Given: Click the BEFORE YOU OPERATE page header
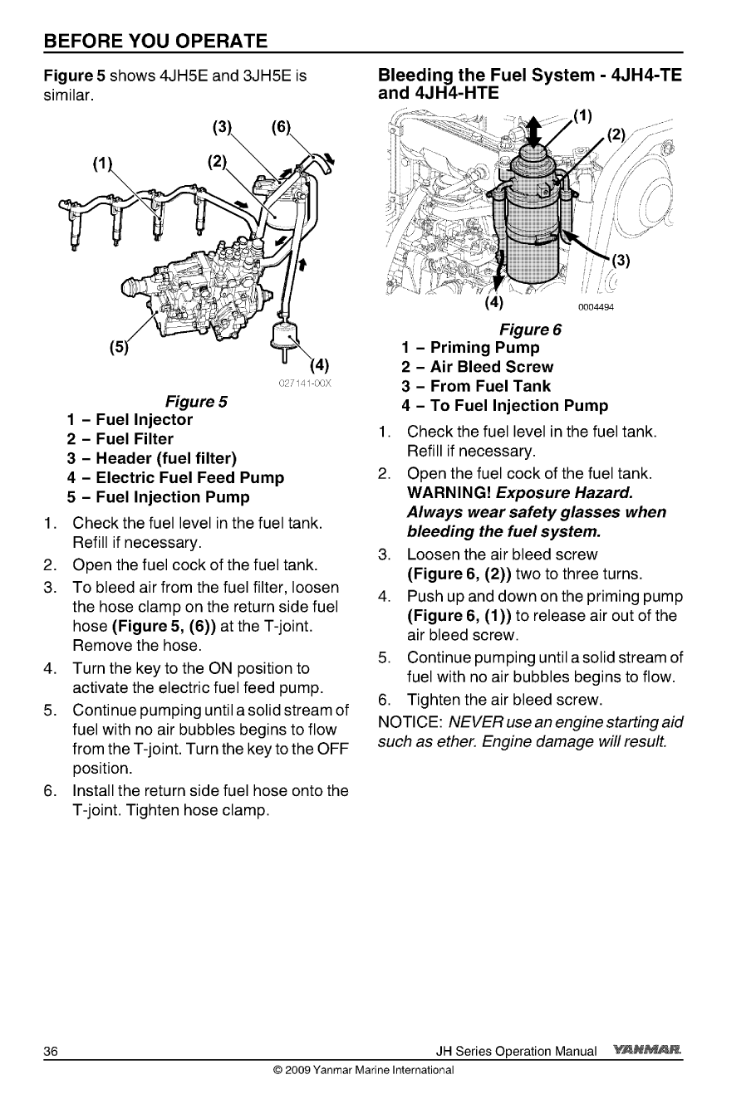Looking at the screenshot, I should (155, 41).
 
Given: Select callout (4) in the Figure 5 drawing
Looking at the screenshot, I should (320, 366).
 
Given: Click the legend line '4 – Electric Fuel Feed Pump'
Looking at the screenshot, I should (175, 478).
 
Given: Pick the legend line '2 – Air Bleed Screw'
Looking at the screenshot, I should (477, 367).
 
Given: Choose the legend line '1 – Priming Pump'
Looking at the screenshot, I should (470, 348).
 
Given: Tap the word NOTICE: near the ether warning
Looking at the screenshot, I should (409, 722).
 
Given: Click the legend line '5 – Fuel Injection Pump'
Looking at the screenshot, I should (159, 497).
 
